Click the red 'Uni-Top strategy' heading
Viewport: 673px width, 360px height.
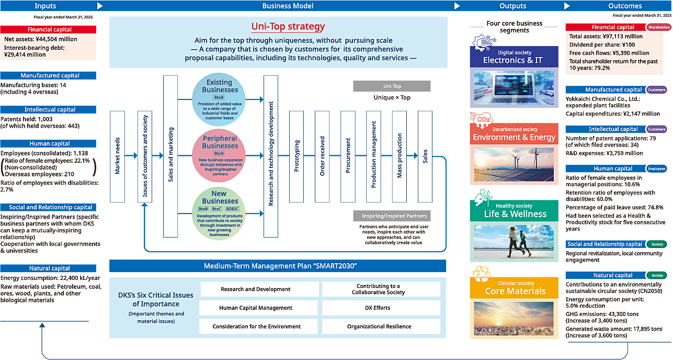(288, 27)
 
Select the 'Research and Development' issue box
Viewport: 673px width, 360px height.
(259, 289)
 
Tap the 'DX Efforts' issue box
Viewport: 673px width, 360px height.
(381, 308)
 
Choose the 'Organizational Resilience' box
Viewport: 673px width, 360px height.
(381, 327)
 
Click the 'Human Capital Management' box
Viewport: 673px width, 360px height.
(259, 308)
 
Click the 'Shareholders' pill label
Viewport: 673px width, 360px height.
(658, 27)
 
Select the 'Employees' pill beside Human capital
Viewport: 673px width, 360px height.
(657, 169)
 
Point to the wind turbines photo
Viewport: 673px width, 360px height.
(514, 164)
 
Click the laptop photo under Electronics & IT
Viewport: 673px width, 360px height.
(514, 87)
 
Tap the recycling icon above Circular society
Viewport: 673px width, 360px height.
(481, 275)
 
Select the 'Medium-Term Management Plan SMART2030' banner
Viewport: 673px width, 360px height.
(280, 266)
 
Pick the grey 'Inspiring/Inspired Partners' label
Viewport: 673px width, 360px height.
(394, 216)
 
